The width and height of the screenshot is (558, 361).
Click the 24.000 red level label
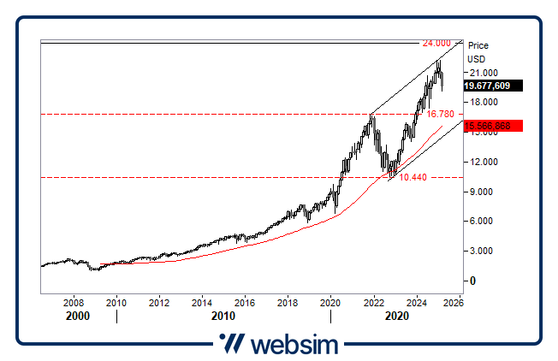point(436,43)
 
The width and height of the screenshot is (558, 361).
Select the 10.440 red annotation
point(413,177)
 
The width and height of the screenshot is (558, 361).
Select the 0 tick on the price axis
point(471,281)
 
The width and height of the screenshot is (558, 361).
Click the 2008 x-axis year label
point(74,302)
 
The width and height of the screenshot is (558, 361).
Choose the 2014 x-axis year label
point(202,302)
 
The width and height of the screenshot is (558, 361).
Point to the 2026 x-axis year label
point(454,302)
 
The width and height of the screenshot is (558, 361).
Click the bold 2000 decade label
point(77,316)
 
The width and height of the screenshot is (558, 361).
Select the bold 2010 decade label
point(224,316)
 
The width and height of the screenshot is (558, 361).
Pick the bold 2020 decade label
point(395,316)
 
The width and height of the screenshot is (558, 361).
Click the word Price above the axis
point(478,45)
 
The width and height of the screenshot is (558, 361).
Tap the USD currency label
point(476,59)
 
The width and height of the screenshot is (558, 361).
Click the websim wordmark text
point(294,344)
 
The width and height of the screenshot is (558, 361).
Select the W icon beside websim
point(231,344)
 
